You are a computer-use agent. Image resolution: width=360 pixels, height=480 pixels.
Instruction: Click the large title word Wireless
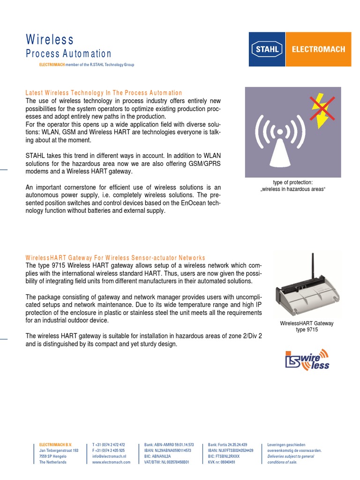click(x=49, y=39)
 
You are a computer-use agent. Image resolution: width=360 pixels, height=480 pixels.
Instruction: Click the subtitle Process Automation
click(x=68, y=54)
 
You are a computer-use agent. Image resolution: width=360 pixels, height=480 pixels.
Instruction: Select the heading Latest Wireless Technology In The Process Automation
click(x=104, y=93)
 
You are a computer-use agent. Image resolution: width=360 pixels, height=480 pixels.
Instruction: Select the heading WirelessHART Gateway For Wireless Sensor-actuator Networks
click(x=115, y=258)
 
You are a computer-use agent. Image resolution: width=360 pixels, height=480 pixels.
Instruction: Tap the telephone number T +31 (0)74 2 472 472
click(x=109, y=444)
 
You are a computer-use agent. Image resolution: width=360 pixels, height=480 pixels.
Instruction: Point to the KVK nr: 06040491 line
click(x=221, y=462)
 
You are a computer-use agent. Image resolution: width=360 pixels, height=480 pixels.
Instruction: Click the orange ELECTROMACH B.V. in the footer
click(x=55, y=444)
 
